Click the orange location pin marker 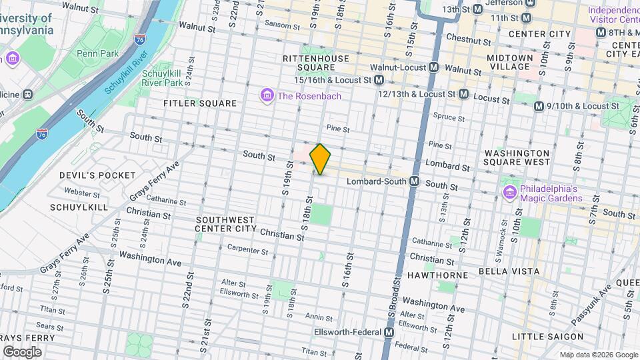(x=320, y=159)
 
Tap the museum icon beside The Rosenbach (x=267, y=96)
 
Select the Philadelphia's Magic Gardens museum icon (x=510, y=193)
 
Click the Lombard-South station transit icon (x=414, y=181)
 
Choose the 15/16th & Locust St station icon (x=379, y=80)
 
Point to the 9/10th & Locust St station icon (x=539, y=106)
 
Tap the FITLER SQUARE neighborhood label (x=200, y=103)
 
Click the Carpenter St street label (x=247, y=251)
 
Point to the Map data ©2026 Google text (x=597, y=355)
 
